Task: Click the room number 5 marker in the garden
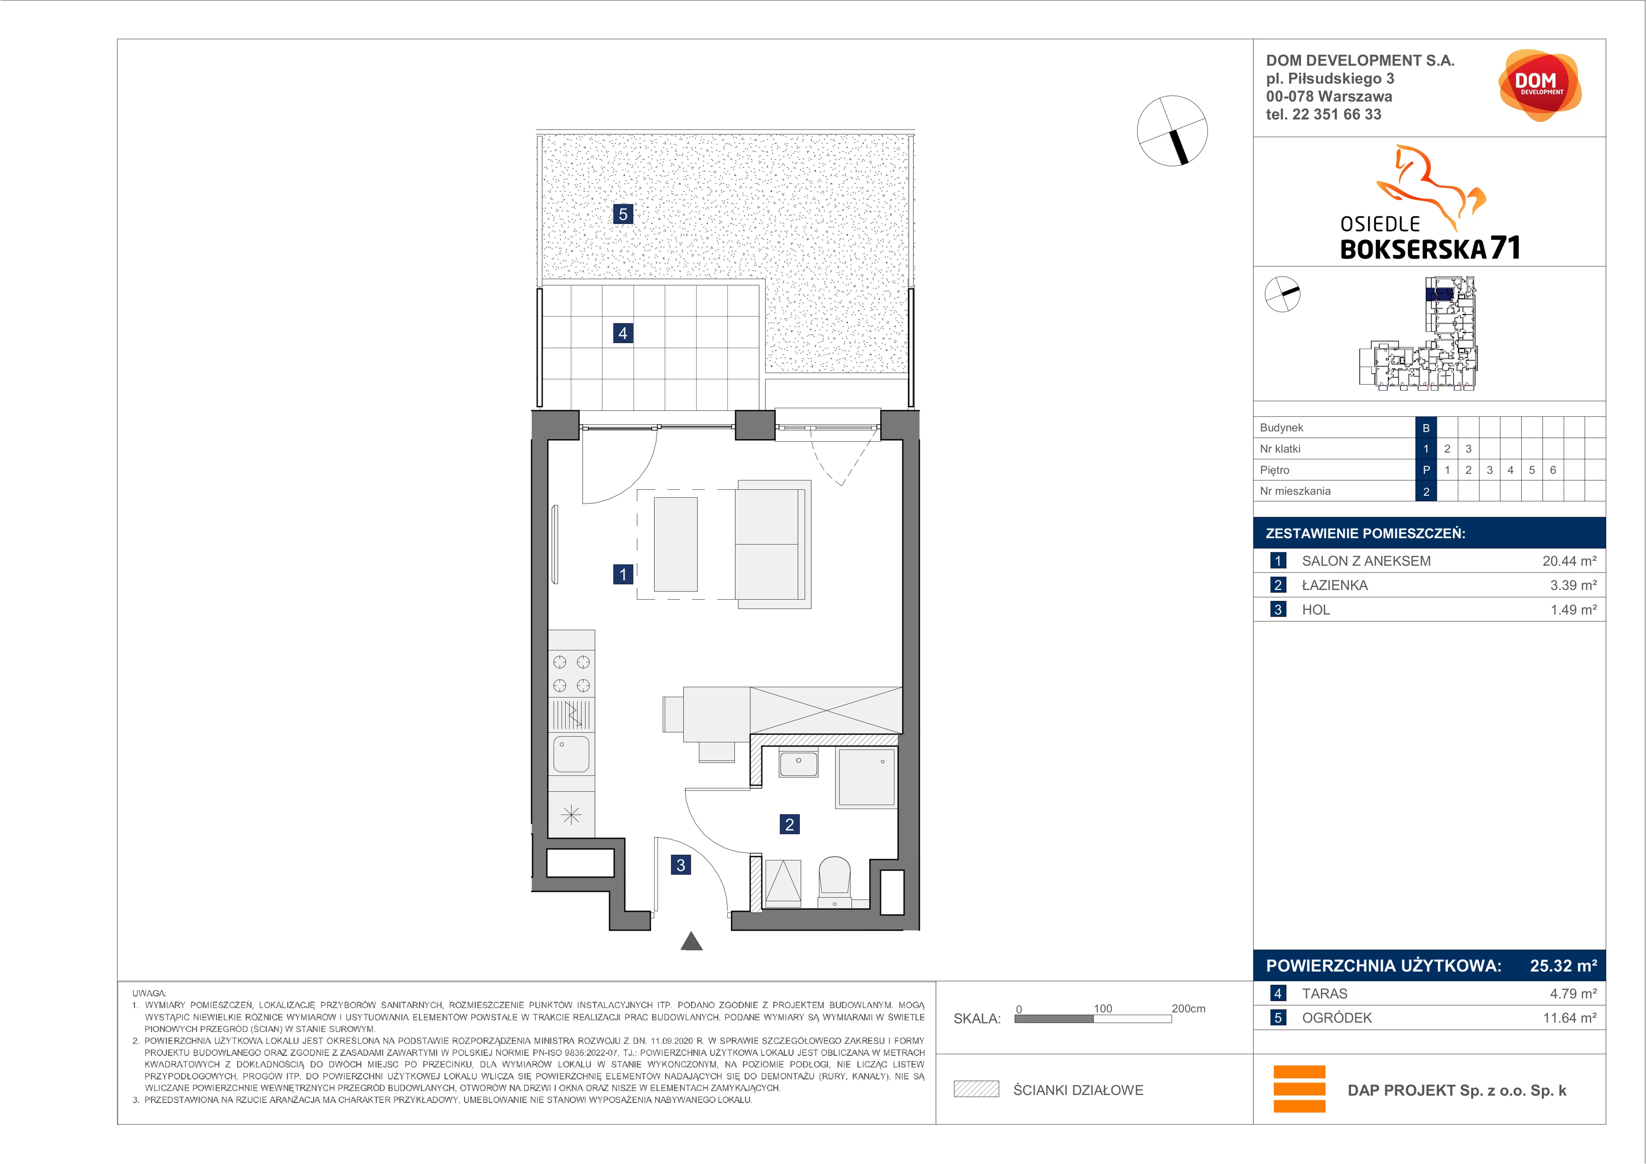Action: [x=623, y=214]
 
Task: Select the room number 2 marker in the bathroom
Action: [x=789, y=824]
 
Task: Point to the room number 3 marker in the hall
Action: [x=681, y=865]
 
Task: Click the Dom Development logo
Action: [x=1539, y=85]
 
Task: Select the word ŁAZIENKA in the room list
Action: [x=1335, y=585]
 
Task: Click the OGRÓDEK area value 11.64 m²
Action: [x=1569, y=1018]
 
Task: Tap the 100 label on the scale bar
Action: [x=1102, y=1008]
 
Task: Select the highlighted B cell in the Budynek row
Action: [x=1426, y=428]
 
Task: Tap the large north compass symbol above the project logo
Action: [x=1172, y=130]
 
